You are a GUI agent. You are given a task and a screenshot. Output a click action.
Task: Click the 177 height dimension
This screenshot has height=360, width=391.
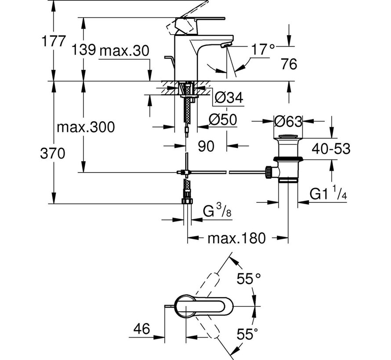pyautogui.click(x=53, y=41)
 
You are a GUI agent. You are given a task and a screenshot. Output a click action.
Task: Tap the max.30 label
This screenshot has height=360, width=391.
pyautogui.click(x=124, y=51)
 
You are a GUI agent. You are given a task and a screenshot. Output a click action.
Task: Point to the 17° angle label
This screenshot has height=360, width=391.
pyautogui.click(x=263, y=50)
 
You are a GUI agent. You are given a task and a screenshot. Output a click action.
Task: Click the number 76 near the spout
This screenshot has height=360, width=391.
pyautogui.click(x=289, y=64)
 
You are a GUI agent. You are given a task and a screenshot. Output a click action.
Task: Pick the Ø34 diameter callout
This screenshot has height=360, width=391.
pyautogui.click(x=228, y=97)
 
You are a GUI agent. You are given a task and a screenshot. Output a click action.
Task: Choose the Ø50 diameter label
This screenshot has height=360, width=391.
pyautogui.click(x=222, y=119)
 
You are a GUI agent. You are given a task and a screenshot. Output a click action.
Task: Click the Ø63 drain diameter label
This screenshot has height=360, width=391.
pyautogui.click(x=288, y=122)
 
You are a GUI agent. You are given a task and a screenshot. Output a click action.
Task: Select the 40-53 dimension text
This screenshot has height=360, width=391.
pyautogui.click(x=331, y=149)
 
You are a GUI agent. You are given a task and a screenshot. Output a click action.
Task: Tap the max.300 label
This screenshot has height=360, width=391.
pyautogui.click(x=86, y=127)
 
